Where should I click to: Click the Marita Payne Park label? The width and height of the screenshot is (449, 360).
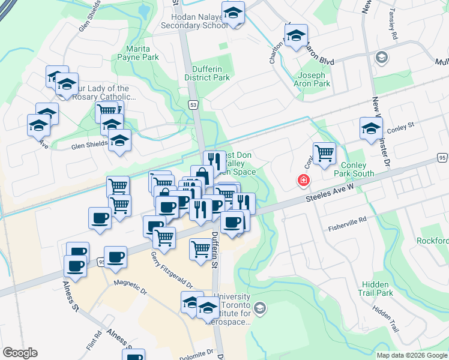pyautogui.click(x=142, y=53)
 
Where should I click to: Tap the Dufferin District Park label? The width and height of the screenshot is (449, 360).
pyautogui.click(x=207, y=73)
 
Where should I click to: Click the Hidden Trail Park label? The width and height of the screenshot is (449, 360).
pyautogui.click(x=378, y=289)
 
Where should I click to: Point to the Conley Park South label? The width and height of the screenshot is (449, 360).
pyautogui.click(x=358, y=169)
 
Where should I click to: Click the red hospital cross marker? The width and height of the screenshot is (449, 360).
pyautogui.click(x=304, y=180)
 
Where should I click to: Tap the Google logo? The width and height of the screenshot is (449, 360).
pyautogui.click(x=20, y=353)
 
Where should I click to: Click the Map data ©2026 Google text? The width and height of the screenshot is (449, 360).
pyautogui.click(x=411, y=355)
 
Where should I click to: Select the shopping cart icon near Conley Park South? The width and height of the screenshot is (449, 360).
pyautogui.click(x=324, y=152)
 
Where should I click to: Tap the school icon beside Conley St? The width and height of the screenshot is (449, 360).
pyautogui.click(x=371, y=127)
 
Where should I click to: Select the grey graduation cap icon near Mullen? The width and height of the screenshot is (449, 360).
pyautogui.click(x=381, y=57)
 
